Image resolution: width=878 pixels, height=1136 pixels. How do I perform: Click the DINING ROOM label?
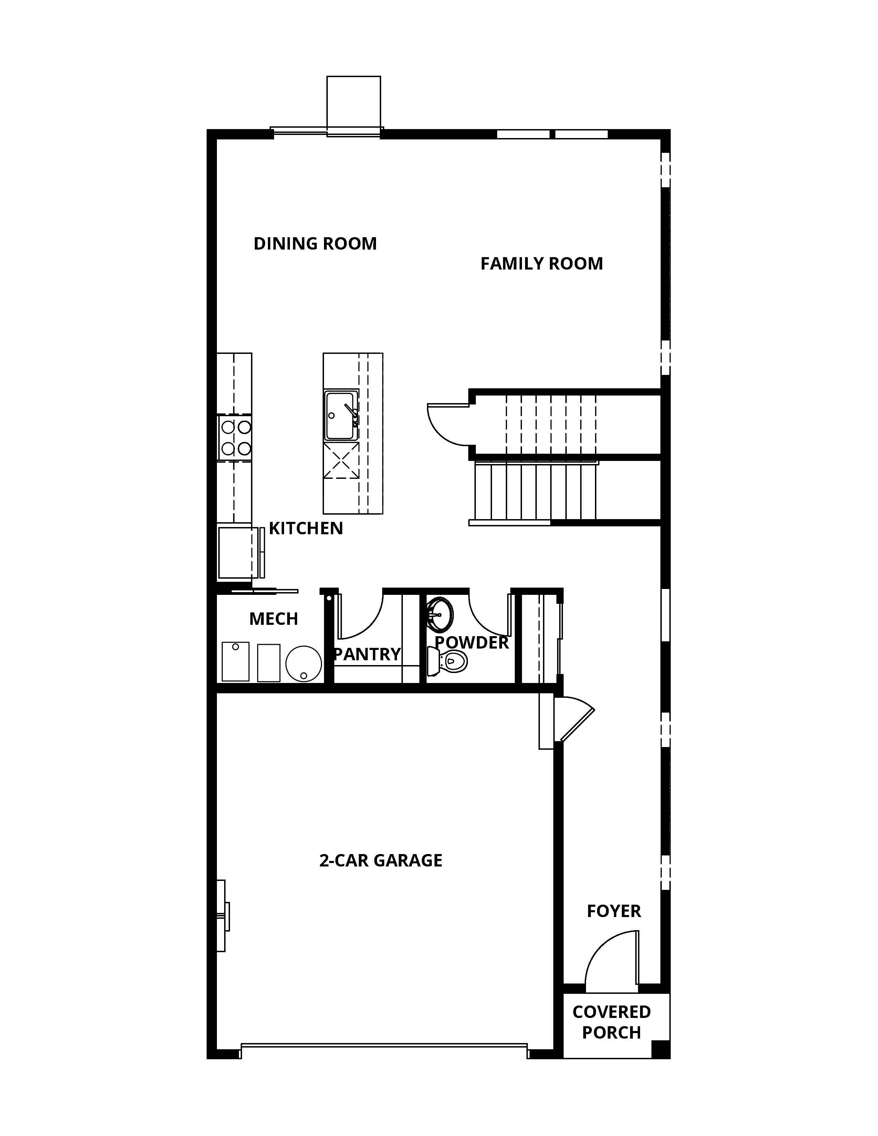click(315, 243)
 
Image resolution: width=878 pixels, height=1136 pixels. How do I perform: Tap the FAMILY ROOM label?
click(542, 264)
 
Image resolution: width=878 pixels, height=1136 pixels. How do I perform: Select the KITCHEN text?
click(306, 528)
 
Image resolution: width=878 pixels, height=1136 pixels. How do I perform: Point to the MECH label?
click(274, 619)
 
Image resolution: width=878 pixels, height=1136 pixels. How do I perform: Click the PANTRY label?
click(367, 654)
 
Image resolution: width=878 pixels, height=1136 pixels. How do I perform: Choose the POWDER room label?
click(471, 642)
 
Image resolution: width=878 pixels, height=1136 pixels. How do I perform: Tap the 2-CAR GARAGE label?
click(381, 860)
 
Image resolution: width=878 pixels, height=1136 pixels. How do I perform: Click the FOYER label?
click(614, 911)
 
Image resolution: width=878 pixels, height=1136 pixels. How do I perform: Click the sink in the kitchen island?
click(341, 416)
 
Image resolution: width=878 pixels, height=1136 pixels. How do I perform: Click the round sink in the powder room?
click(440, 614)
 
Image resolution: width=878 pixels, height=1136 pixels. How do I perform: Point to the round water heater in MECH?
click(304, 664)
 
